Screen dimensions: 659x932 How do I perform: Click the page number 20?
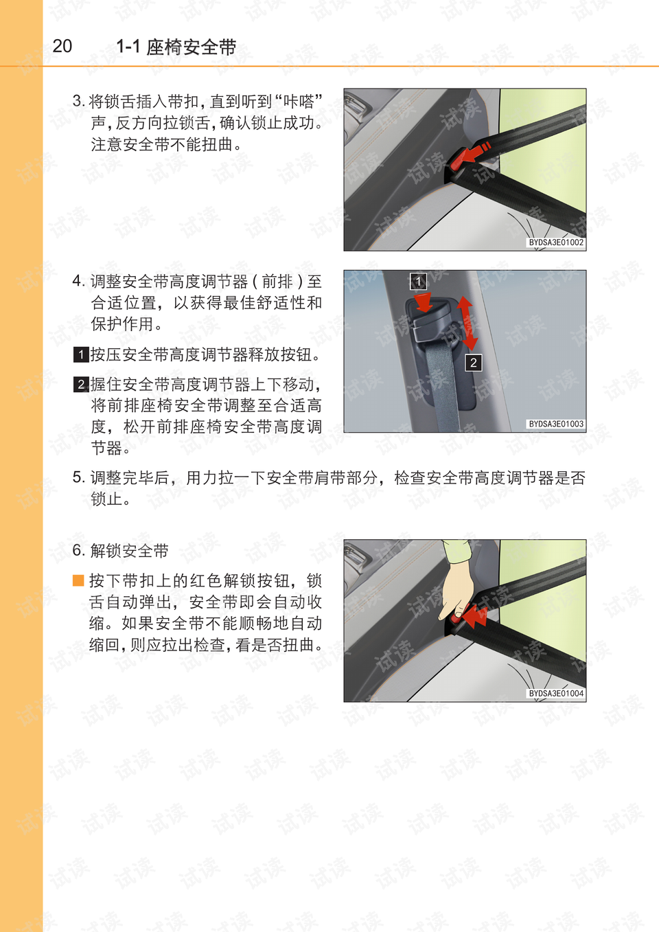(x=62, y=46)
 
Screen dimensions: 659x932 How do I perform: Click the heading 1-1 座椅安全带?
(x=176, y=47)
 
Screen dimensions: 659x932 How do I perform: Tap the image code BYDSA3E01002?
(x=556, y=242)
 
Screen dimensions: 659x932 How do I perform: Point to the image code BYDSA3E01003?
(x=556, y=424)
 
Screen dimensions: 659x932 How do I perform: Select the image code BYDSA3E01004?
(x=556, y=693)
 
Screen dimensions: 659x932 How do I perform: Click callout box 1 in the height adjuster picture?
(x=418, y=282)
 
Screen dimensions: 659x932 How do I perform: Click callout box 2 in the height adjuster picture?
(x=473, y=363)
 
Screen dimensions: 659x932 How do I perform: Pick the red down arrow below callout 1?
(x=424, y=302)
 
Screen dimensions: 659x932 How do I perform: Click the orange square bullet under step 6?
(x=78, y=580)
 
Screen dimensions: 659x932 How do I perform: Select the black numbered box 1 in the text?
(x=81, y=355)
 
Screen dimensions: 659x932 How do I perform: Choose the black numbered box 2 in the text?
(x=81, y=384)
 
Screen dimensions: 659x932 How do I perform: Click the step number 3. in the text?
(x=79, y=101)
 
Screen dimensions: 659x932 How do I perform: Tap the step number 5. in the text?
(x=79, y=477)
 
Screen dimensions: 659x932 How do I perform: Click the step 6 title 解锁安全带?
(x=129, y=550)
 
